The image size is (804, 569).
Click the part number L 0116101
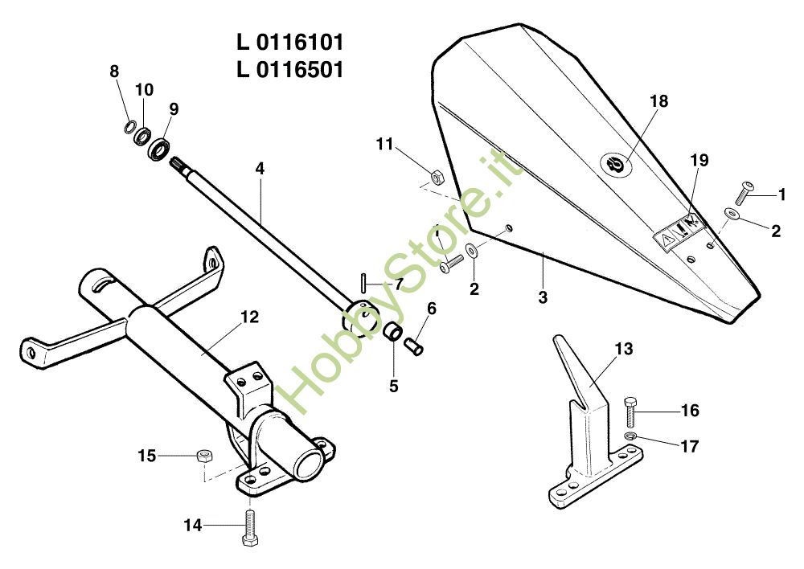[290, 42]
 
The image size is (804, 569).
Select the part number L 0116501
[290, 70]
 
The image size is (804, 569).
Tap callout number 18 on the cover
[658, 101]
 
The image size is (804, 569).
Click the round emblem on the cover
[617, 164]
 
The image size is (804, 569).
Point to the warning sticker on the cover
[678, 231]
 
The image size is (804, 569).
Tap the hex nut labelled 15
[204, 456]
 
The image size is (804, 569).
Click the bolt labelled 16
[631, 411]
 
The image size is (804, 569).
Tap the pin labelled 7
[365, 284]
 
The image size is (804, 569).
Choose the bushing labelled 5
[392, 332]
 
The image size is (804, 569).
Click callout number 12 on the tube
[249, 317]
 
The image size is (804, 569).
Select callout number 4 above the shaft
[260, 169]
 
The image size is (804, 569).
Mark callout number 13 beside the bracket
[624, 350]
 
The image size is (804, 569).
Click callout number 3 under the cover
[543, 297]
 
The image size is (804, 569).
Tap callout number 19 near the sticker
[699, 161]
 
